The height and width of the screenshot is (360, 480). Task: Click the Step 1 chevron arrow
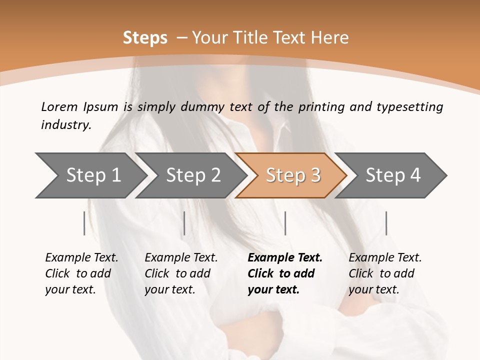(93, 175)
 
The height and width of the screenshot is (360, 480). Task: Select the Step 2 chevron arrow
(193, 175)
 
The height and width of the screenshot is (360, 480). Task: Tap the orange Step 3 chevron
(293, 175)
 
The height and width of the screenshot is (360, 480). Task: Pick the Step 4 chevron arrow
(393, 175)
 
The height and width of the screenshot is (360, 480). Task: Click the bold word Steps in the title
(145, 38)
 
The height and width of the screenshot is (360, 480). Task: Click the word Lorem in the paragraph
(59, 107)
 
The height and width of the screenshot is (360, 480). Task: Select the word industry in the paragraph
(66, 125)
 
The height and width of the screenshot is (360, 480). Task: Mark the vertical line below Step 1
(84, 223)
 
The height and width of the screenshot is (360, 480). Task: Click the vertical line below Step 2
(184, 223)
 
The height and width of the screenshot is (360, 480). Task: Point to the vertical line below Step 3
(285, 223)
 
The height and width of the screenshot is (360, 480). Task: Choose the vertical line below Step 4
(386, 223)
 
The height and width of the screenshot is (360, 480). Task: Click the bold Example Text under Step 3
(285, 258)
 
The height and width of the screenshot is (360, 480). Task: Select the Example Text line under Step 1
(81, 258)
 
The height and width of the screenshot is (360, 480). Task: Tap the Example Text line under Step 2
(181, 258)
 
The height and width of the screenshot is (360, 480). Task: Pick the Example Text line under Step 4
(385, 258)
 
